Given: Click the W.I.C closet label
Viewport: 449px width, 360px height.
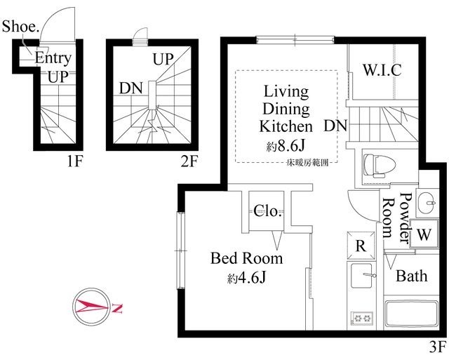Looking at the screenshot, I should [382, 70].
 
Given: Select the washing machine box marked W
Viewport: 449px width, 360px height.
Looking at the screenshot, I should [424, 233].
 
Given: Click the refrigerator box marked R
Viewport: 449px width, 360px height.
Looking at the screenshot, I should [360, 246].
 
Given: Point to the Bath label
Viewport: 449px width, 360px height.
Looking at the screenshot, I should [411, 276].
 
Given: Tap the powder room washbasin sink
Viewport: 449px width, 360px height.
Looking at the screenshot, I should [426, 204].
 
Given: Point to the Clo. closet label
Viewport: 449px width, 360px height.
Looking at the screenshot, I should [268, 211].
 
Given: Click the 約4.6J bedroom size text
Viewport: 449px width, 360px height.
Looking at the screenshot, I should [247, 279].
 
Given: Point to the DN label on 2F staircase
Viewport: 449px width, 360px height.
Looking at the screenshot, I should [133, 88].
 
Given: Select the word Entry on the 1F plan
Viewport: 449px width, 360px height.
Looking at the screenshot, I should [52, 58].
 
